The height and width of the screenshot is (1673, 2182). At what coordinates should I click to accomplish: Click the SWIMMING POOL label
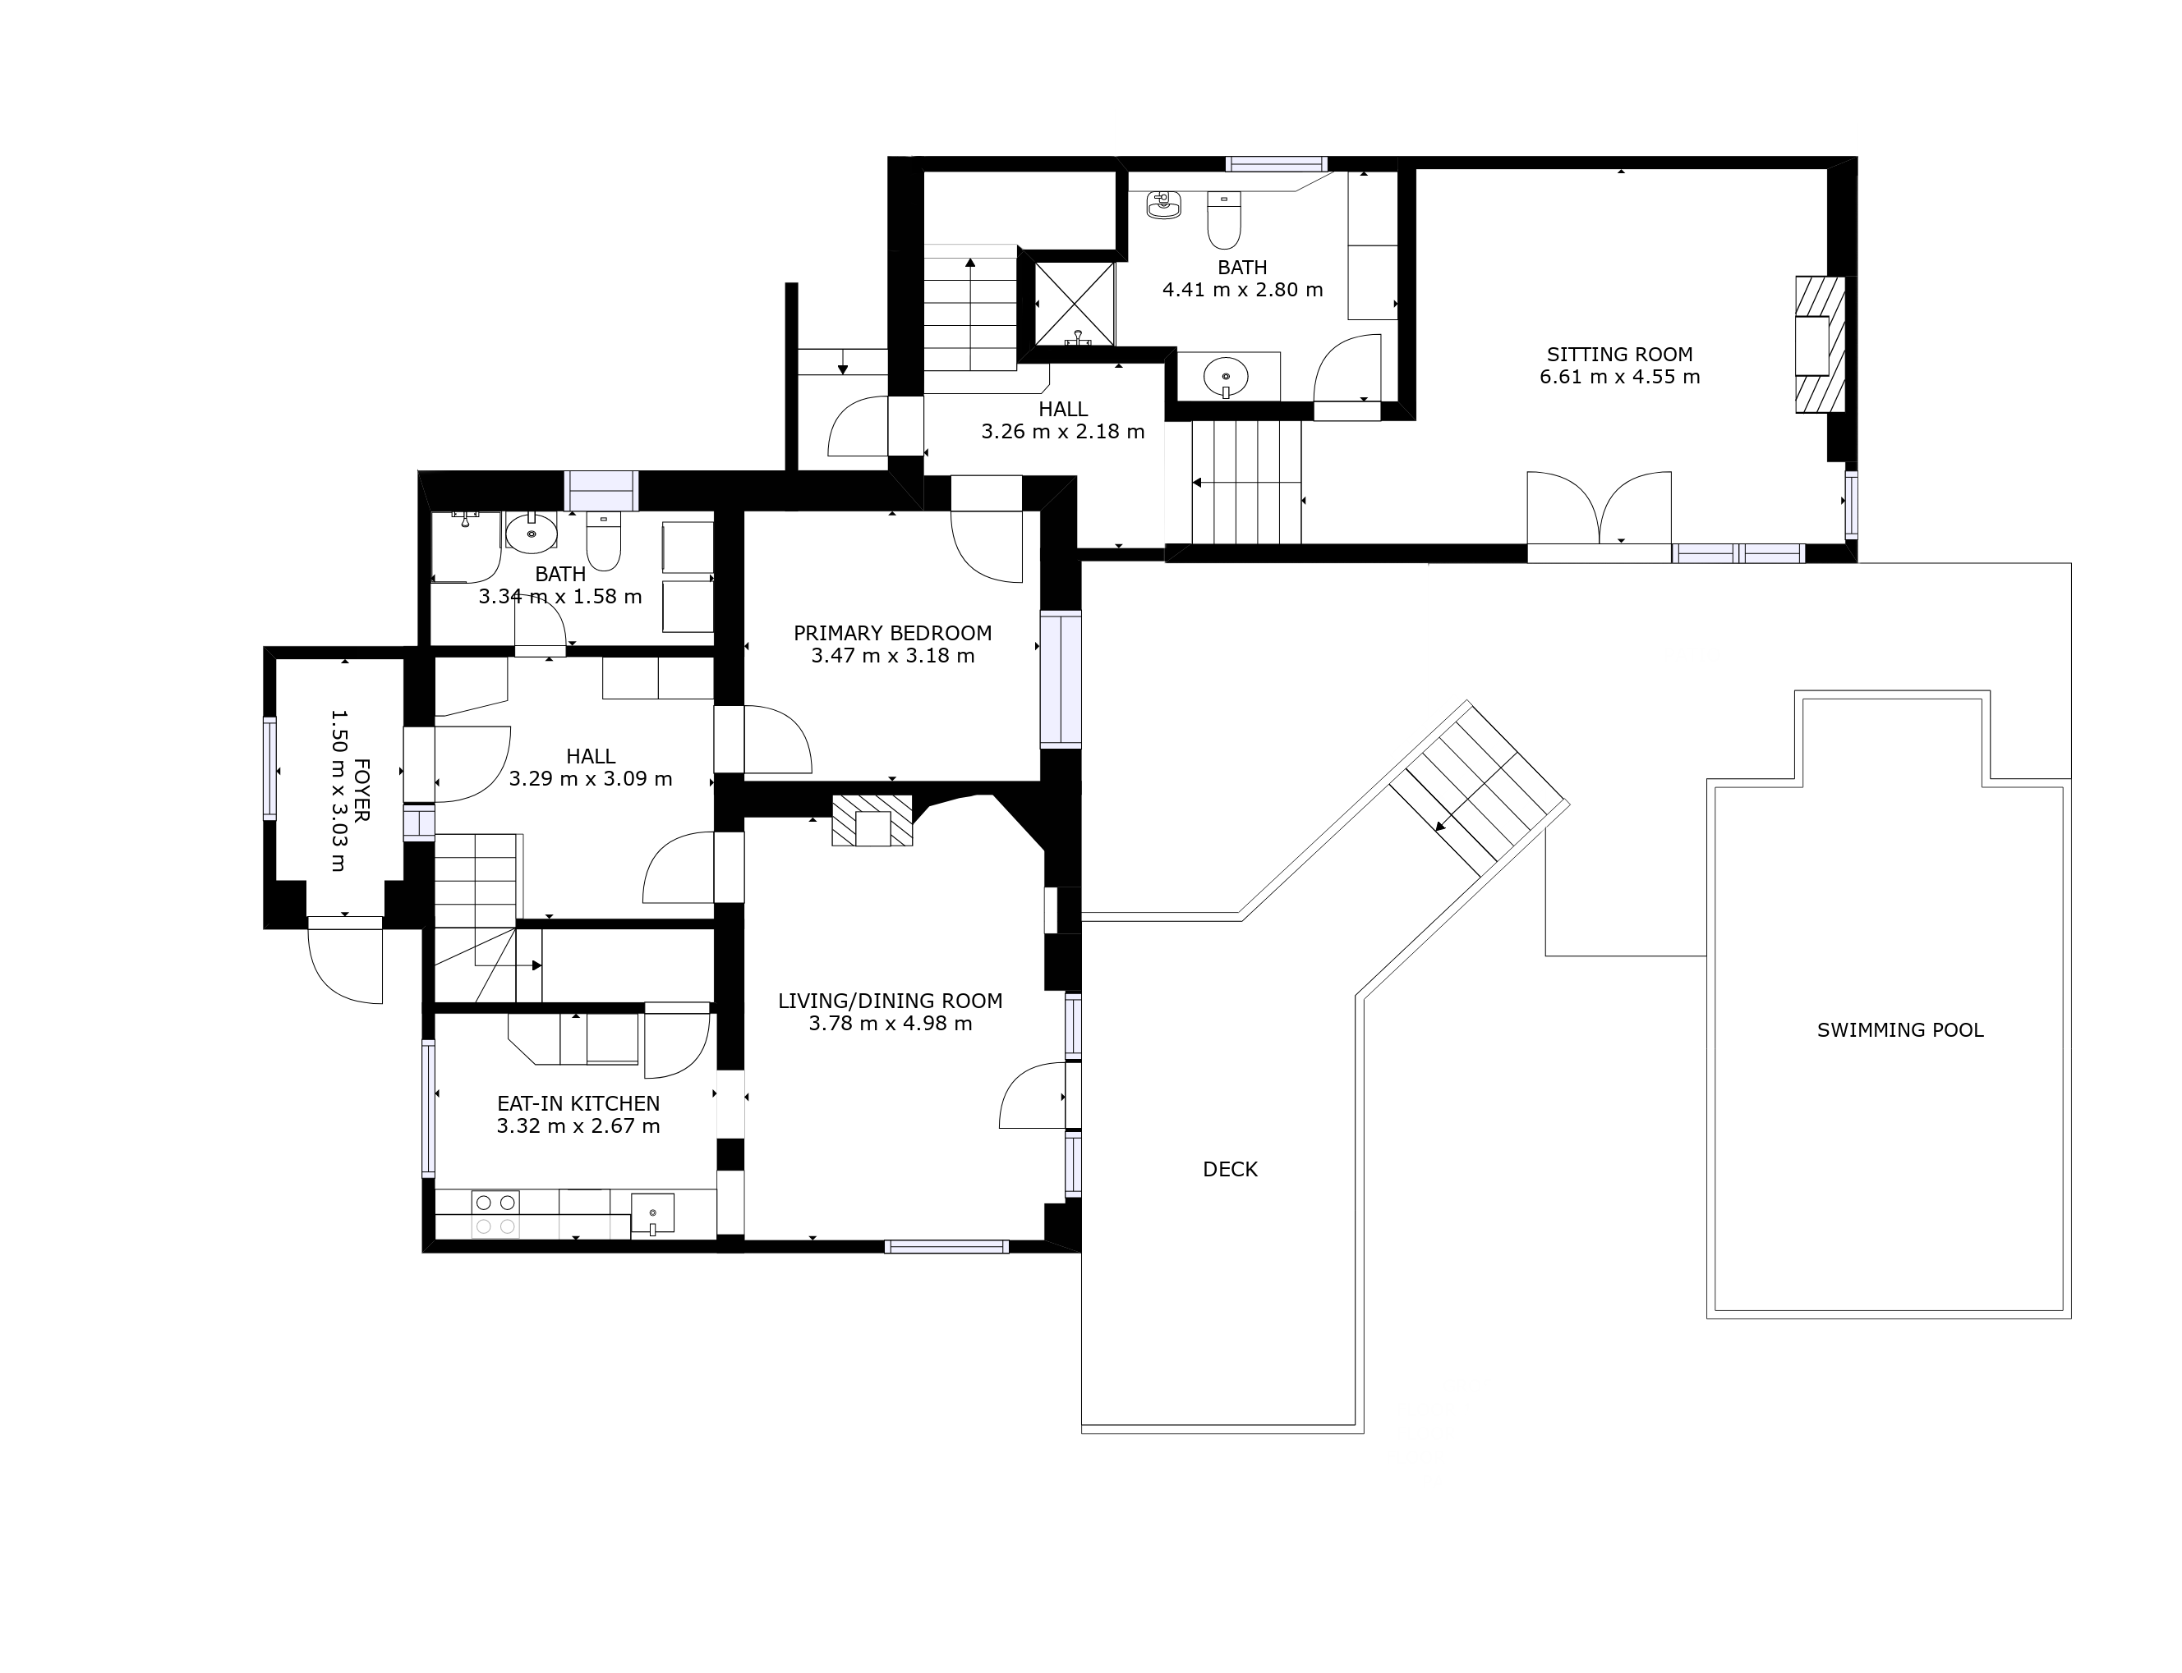click(x=1900, y=1029)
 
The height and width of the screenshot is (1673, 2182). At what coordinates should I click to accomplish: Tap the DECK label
click(x=1230, y=1169)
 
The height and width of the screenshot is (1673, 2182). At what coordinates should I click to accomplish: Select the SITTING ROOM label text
click(x=1619, y=354)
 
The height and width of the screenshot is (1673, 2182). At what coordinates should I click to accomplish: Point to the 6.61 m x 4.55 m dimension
click(x=1619, y=378)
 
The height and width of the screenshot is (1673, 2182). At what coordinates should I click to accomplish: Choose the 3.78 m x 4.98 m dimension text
click(x=890, y=1024)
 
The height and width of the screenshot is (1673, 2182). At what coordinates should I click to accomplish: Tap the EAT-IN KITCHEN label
click(x=578, y=1103)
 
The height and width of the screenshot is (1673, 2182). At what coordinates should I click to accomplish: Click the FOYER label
click(x=361, y=791)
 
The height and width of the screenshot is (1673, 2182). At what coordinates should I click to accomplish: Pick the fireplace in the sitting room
click(x=1820, y=345)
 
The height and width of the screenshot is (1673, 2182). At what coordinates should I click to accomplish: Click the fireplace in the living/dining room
click(x=872, y=821)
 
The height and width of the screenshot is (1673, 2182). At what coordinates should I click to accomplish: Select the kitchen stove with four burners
click(x=495, y=1214)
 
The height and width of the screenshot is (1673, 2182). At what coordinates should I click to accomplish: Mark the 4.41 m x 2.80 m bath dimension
click(x=1242, y=291)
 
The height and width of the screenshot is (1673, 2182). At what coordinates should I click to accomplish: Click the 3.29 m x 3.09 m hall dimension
click(x=591, y=780)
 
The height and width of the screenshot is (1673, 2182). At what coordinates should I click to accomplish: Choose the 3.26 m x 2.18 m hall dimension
click(x=1063, y=432)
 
